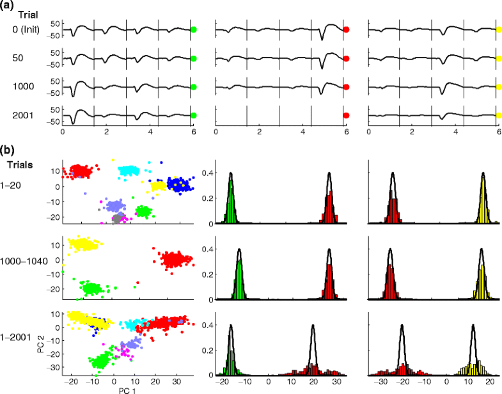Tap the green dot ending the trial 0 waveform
point(193,29)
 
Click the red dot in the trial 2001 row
point(346,116)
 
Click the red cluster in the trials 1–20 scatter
point(80,171)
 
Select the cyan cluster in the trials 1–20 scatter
point(129,171)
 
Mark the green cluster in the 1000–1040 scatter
point(93,288)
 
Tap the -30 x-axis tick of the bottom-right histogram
point(382,380)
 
